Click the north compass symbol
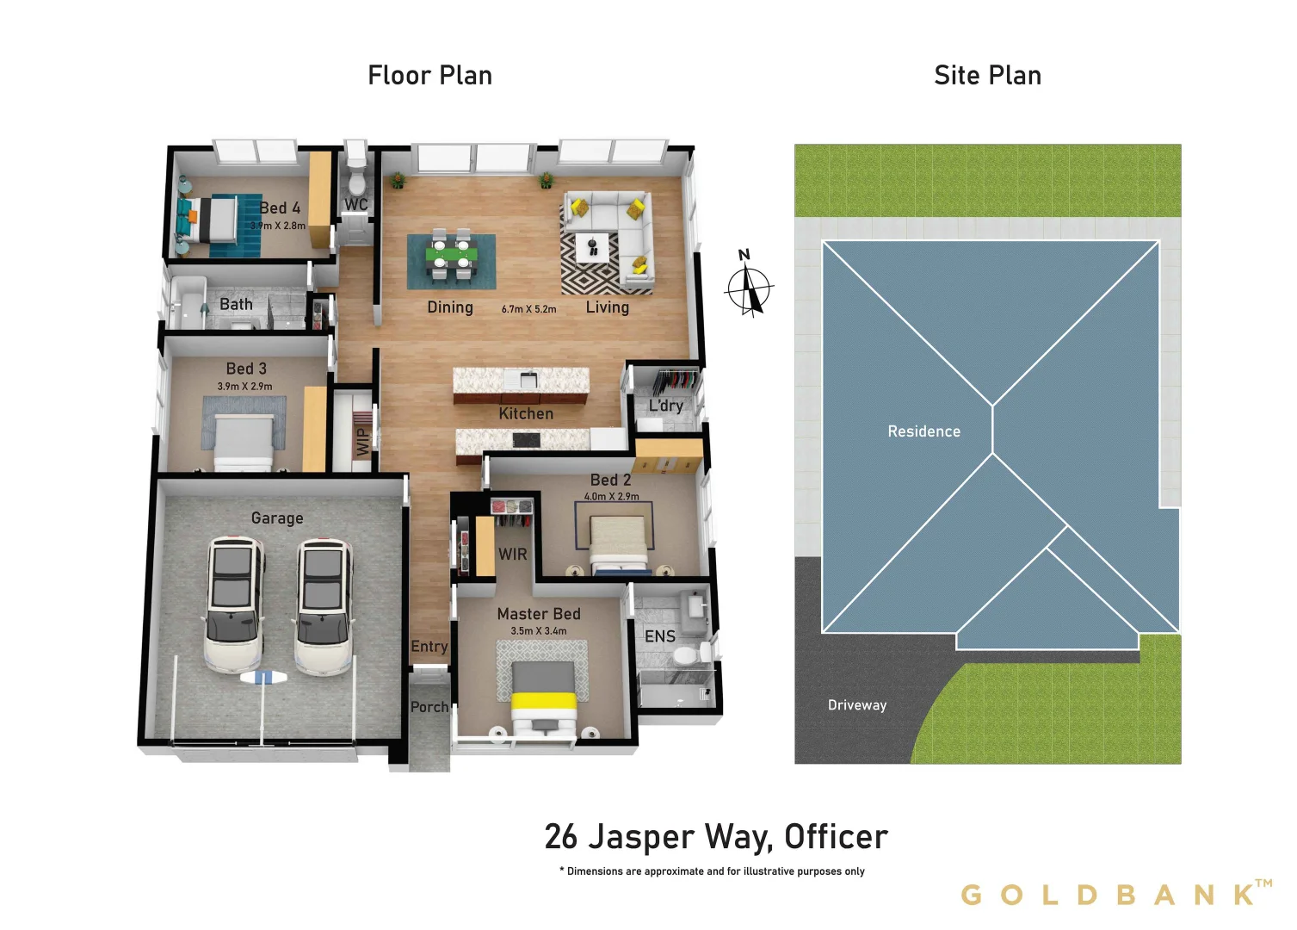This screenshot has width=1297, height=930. click(749, 287)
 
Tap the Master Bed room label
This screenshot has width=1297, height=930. click(539, 614)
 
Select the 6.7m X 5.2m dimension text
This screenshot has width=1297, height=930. click(528, 309)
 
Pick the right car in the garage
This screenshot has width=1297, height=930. click(323, 605)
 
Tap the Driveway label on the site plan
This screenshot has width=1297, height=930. click(856, 705)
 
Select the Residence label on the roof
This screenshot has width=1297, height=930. click(923, 431)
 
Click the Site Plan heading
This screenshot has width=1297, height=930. click(987, 76)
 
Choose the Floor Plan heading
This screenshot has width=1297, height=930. click(429, 76)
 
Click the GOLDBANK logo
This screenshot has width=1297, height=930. click(1115, 895)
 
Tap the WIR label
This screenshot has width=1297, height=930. click(512, 555)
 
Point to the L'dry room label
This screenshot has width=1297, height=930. click(666, 406)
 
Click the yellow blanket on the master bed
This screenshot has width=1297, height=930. click(543, 701)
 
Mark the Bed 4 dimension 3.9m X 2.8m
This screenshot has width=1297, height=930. click(277, 226)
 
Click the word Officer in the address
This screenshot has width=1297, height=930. click(836, 837)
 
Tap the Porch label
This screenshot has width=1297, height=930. click(429, 707)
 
